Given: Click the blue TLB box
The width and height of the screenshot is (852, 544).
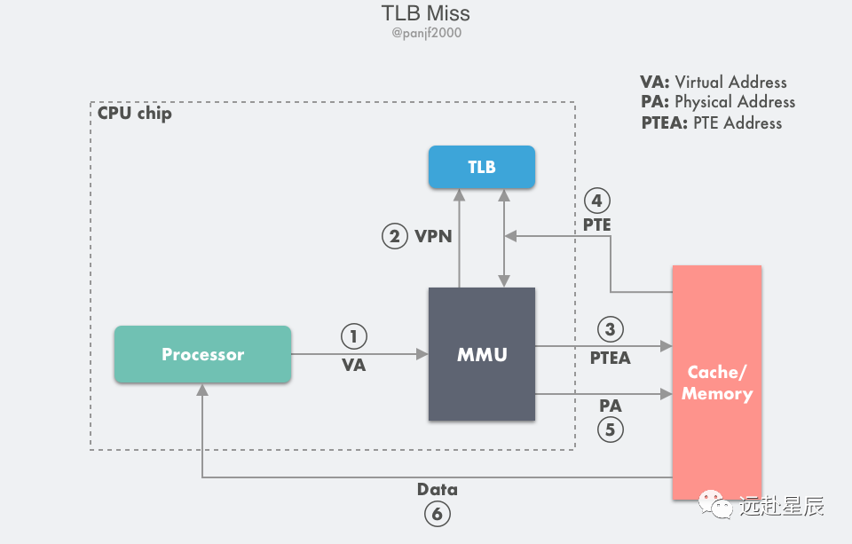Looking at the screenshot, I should click(482, 167).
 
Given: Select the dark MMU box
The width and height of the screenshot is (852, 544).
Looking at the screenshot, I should click(482, 354).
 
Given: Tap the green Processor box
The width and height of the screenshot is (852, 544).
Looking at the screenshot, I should click(202, 354).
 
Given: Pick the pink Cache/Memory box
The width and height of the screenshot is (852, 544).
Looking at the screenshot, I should click(716, 382).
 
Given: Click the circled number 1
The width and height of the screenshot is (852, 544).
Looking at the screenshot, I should click(353, 337).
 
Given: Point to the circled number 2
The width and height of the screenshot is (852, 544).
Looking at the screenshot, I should click(395, 237).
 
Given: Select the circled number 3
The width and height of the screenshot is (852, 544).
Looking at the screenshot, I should click(610, 329).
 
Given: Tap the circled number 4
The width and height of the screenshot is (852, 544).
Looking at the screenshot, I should click(597, 200).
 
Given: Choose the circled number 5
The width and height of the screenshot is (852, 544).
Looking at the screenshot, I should click(610, 430).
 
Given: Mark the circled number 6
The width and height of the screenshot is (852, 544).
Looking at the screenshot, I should click(437, 513).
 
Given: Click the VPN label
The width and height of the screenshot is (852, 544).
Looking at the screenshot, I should click(433, 237).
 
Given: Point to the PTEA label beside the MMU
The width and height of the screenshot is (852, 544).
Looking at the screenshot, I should click(610, 358).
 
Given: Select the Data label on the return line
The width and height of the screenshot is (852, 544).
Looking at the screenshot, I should click(437, 489).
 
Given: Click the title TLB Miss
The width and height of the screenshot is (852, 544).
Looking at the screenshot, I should click(425, 13).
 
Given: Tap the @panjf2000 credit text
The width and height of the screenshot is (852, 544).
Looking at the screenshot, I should click(425, 34).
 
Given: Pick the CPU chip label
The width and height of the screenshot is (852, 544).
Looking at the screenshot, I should click(135, 114).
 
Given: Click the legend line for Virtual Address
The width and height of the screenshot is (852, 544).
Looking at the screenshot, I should click(714, 82).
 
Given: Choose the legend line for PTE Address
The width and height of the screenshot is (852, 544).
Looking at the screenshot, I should click(712, 123).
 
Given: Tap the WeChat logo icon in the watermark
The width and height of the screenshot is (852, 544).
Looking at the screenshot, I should click(716, 506).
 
